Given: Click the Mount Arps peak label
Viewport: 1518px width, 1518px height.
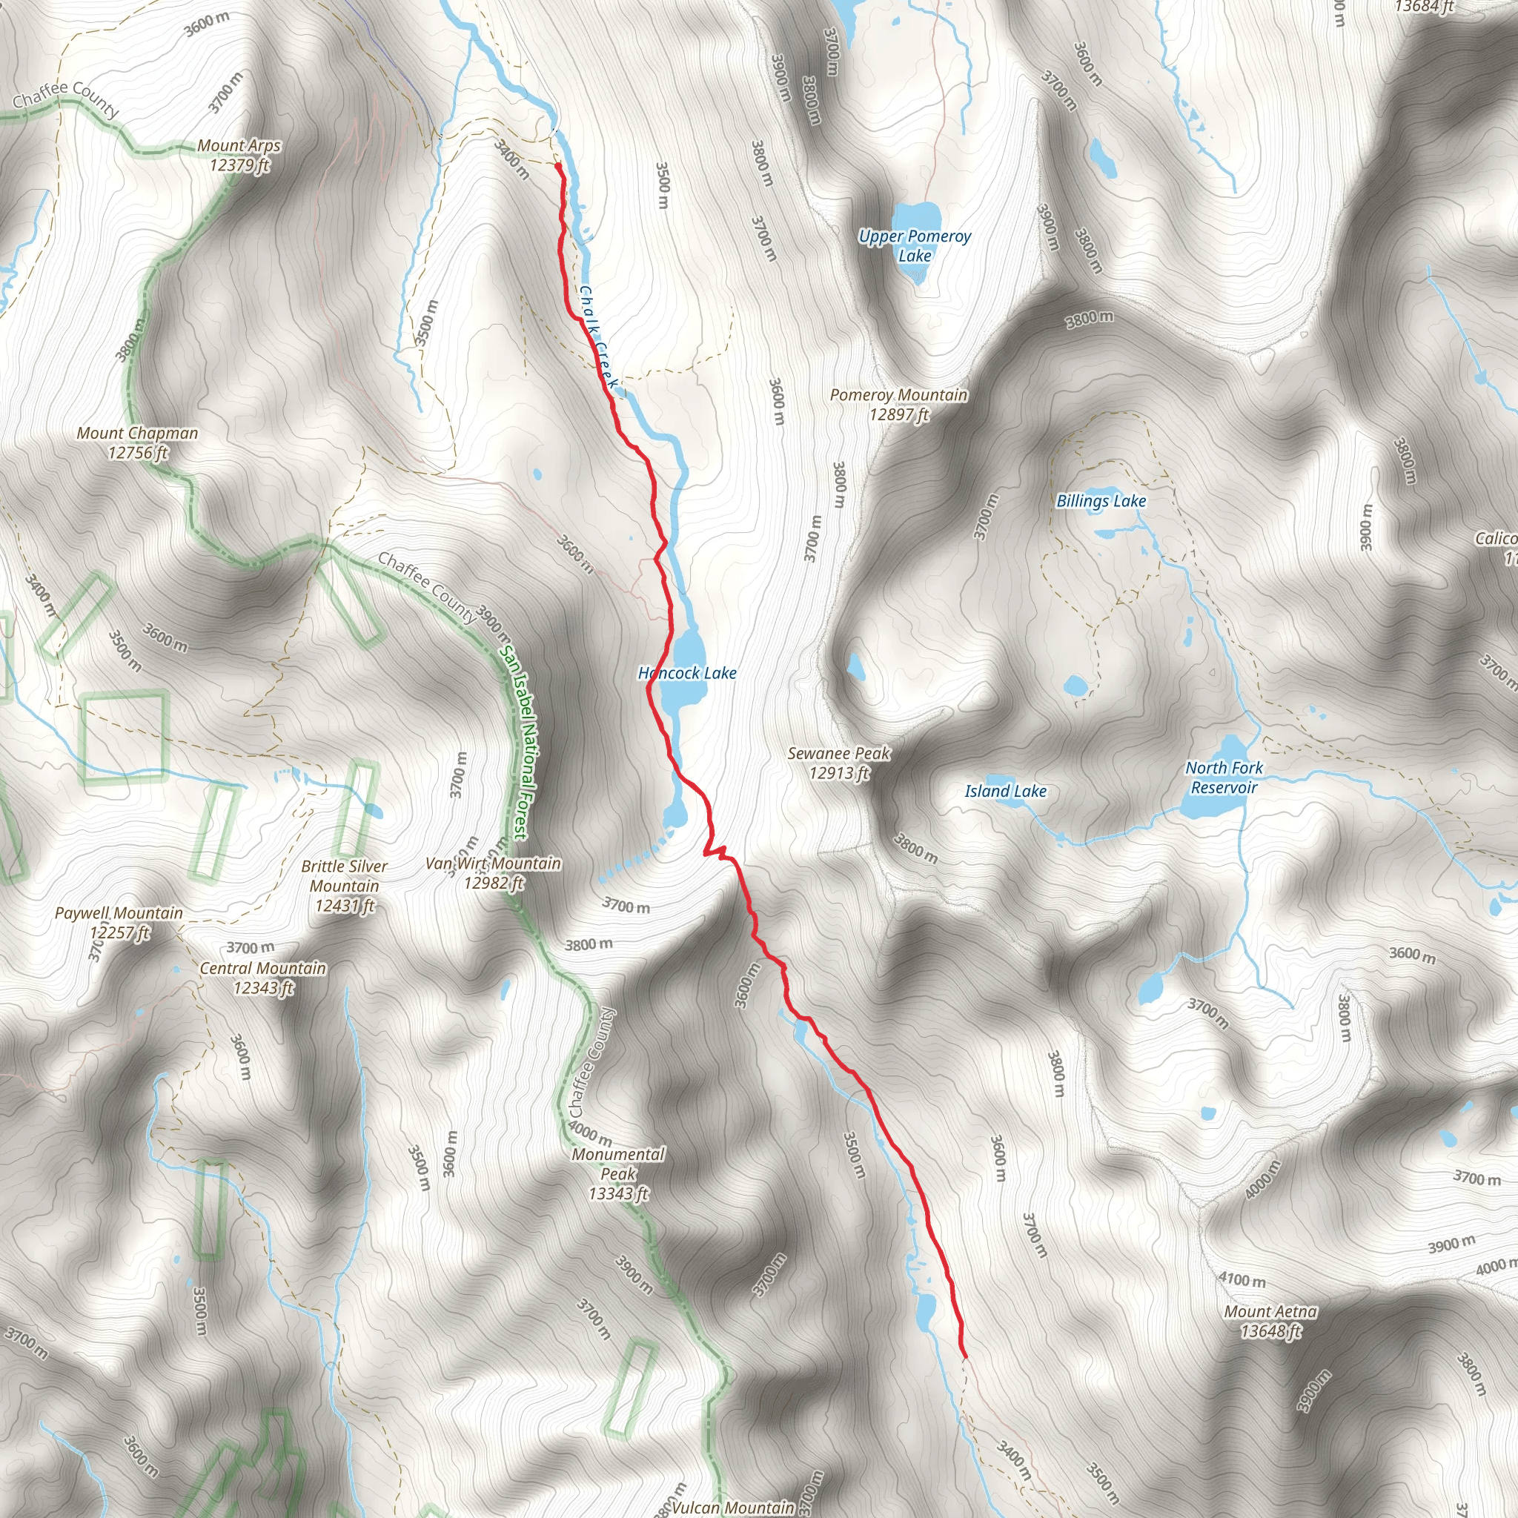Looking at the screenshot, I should [x=239, y=155].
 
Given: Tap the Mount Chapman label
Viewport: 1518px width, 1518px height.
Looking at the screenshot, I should [x=138, y=443].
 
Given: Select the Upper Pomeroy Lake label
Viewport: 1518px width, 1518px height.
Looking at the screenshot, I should [x=915, y=246].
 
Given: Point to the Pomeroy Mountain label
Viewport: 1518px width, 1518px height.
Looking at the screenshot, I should [x=899, y=405].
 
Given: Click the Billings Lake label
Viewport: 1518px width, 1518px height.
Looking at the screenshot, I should [x=1101, y=501].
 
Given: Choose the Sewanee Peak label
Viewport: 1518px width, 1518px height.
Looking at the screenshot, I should [x=839, y=763].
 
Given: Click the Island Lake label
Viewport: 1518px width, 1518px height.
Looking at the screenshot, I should [x=1006, y=791].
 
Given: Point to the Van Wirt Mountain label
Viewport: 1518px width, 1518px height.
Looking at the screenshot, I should [x=494, y=873].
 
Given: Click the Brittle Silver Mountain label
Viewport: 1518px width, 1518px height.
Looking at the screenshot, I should [x=344, y=886].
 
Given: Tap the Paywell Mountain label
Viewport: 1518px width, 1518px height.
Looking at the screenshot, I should [x=119, y=922].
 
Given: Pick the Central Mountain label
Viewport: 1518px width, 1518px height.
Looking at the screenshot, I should [x=263, y=978].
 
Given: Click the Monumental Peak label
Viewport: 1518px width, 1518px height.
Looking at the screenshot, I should [x=618, y=1174].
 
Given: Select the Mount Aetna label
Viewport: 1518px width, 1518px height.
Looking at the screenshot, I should [x=1270, y=1321].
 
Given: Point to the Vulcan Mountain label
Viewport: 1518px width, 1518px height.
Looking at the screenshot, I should [x=732, y=1507].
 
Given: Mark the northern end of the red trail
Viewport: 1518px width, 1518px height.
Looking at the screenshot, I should [x=558, y=167].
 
